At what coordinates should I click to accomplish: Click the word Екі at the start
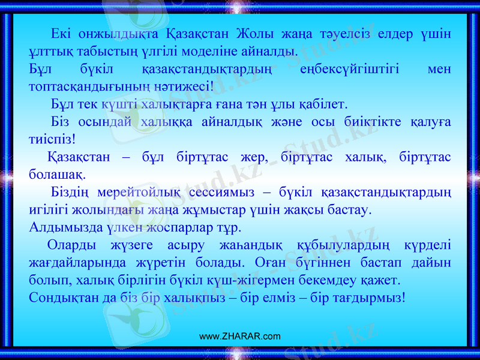tap(62, 33)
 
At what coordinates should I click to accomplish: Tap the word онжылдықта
tap(120, 33)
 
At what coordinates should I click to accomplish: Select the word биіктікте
tap(358, 122)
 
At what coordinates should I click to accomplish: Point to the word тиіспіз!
tap(52, 139)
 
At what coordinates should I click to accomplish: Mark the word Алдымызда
tap(61, 229)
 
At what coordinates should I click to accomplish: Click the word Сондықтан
tap(62, 298)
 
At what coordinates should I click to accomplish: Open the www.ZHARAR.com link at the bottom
tap(239, 336)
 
